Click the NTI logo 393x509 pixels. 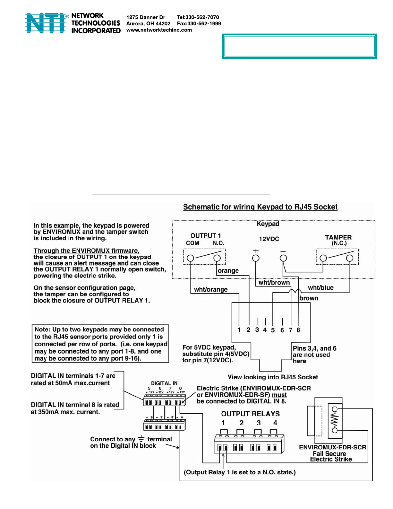[x=45, y=23]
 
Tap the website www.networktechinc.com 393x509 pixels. [x=159, y=30]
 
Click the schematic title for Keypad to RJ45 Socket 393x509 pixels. [x=260, y=207]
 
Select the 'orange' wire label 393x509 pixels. [x=228, y=271]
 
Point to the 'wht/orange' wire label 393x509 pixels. [x=211, y=290]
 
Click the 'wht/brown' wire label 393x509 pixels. [x=274, y=283]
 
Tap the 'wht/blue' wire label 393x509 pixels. [x=320, y=288]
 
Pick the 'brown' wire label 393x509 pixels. [x=309, y=298]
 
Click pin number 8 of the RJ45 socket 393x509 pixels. [x=298, y=330]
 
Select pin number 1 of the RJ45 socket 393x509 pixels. [x=239, y=330]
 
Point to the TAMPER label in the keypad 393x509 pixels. [x=338, y=237]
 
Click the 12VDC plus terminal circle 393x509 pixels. [x=256, y=258]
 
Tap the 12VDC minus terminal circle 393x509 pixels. [x=283, y=258]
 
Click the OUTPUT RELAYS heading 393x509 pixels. [x=250, y=414]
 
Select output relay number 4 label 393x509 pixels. [x=275, y=423]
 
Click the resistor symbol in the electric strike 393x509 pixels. [x=335, y=420]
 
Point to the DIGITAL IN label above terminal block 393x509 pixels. [x=164, y=383]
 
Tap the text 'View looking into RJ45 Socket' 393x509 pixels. [x=273, y=377]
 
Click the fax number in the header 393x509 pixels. [x=199, y=23]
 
